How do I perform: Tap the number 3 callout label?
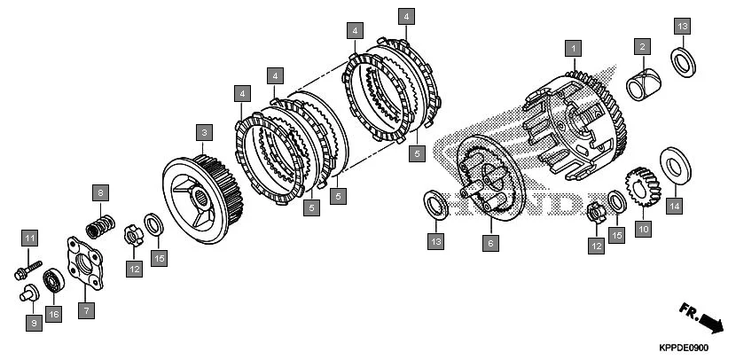point(205,133)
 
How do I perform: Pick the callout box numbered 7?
point(86,310)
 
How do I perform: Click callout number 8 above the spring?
point(101,192)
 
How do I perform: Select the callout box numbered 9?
point(35,324)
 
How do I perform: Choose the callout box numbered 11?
point(29,238)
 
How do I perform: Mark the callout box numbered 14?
point(674,205)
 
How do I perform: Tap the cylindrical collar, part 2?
point(642,84)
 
